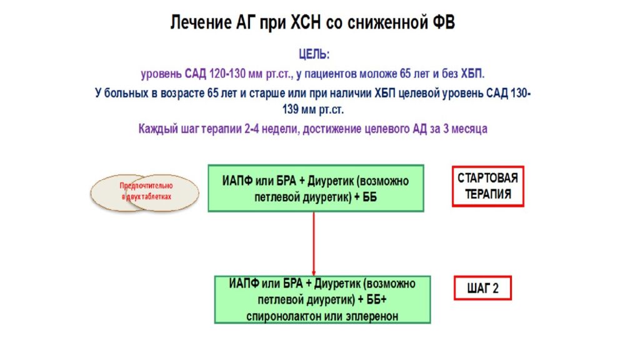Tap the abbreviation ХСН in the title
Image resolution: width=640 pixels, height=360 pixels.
[x=305, y=22]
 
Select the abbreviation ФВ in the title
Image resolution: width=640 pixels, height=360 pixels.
[x=443, y=22]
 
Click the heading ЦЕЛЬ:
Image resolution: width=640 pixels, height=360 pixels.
[x=314, y=54]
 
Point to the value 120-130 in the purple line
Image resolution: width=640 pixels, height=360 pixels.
[x=227, y=74]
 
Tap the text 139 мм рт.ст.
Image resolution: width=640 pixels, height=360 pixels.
[x=313, y=109]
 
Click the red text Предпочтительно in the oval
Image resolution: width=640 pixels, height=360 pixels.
[x=146, y=186]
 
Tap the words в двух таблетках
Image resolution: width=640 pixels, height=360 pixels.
[x=146, y=196]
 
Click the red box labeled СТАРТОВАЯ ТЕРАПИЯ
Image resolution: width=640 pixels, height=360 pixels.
[x=487, y=186]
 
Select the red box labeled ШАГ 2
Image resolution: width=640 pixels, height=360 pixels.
[x=483, y=288]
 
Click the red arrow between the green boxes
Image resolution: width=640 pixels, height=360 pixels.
[x=314, y=244]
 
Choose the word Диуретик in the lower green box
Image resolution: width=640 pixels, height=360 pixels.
[x=337, y=284]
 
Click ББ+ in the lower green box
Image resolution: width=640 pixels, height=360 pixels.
[x=376, y=300]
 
